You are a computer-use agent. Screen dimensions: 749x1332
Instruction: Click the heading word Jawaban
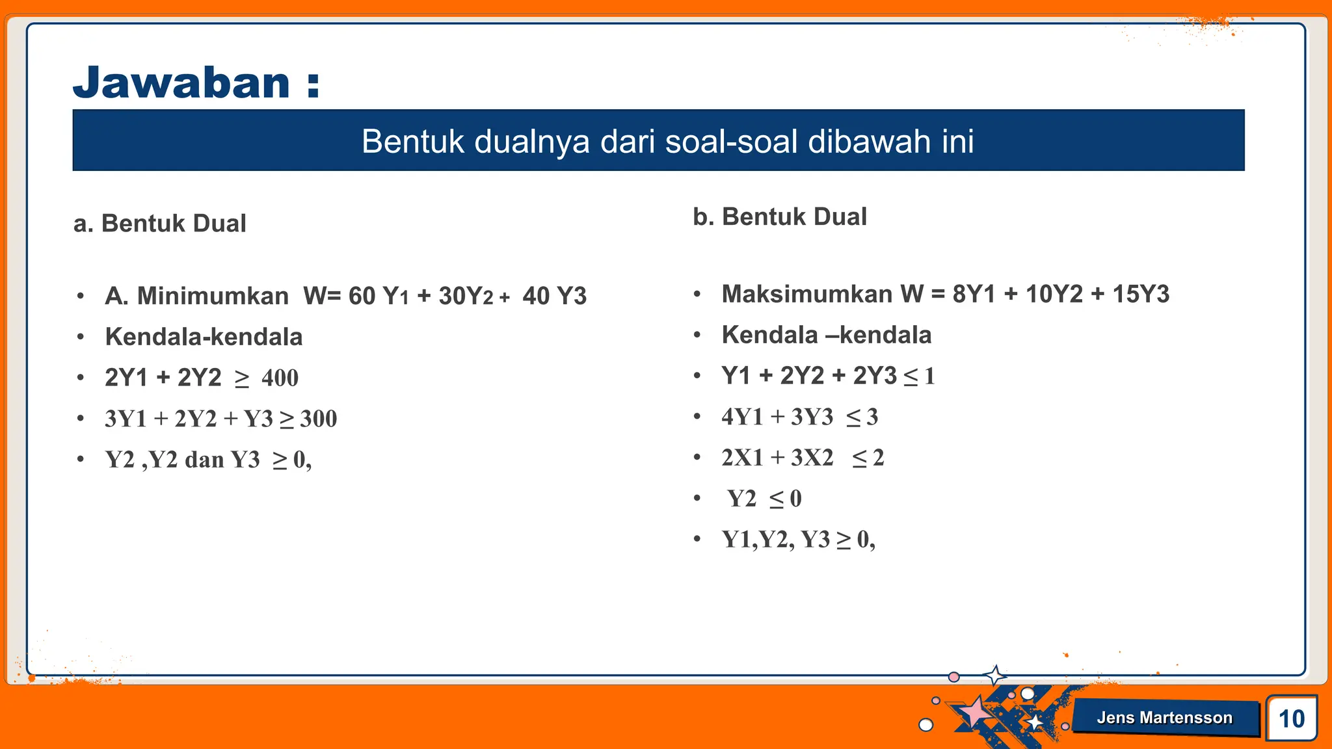[181, 83]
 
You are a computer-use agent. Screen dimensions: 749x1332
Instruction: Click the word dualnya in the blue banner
[532, 141]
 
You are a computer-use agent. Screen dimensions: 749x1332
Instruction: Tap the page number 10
[1291, 718]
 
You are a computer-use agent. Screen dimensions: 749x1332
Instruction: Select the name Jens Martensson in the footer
[1164, 717]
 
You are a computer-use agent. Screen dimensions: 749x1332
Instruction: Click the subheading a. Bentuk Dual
[160, 223]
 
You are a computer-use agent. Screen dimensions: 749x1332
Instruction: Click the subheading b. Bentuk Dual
[780, 217]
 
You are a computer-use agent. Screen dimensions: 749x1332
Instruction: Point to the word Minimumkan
[213, 296]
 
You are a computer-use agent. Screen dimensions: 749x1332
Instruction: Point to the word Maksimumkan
[806, 294]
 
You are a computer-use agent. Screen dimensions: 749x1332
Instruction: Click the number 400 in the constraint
[280, 378]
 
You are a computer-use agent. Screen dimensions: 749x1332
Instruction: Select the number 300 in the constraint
[318, 419]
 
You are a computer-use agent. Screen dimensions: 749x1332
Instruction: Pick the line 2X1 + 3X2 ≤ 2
[802, 458]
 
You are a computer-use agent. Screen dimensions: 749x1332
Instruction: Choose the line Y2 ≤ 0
[764, 499]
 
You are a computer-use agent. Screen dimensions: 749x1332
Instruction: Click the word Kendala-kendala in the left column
[204, 337]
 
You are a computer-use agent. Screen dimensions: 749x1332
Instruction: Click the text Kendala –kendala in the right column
[826, 335]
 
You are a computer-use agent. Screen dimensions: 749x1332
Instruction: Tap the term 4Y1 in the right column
[741, 417]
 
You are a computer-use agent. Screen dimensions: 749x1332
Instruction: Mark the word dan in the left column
[204, 460]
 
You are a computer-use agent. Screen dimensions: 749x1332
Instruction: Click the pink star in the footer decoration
[974, 712]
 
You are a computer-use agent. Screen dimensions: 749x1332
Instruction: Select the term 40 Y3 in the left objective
[554, 296]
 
